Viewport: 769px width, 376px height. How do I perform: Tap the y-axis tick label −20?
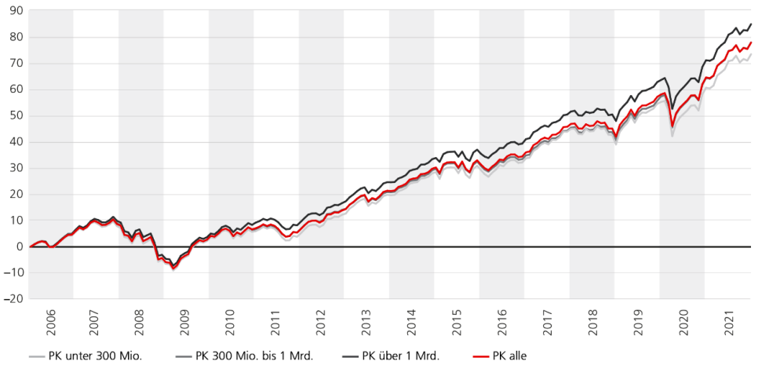[13, 299]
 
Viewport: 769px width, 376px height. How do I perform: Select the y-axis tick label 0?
[20, 246]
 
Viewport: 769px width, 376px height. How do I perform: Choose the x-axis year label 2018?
[592, 323]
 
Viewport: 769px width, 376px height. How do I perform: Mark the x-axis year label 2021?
[729, 323]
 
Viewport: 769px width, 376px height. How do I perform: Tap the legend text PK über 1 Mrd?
[400, 356]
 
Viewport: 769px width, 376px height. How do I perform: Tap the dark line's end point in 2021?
[751, 24]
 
